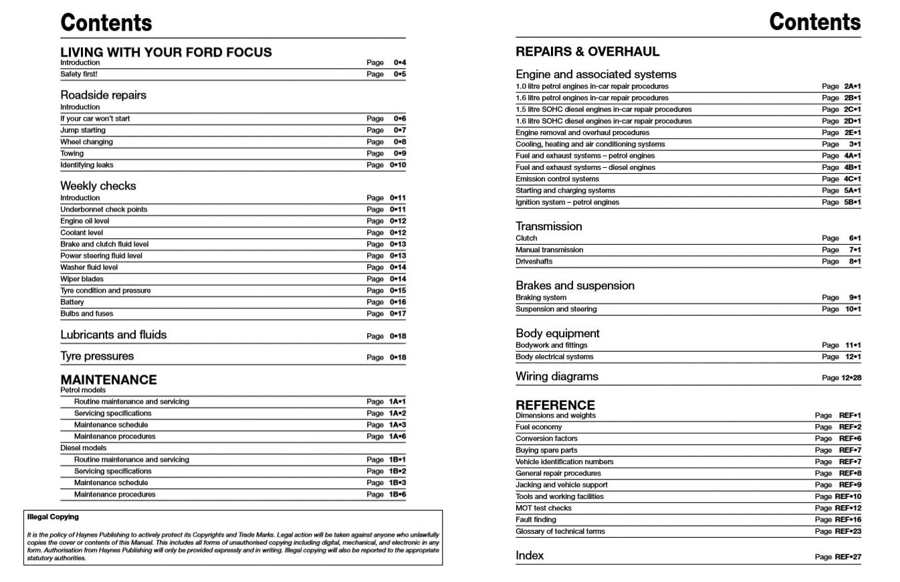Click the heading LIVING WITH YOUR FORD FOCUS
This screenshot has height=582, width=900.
[166, 52]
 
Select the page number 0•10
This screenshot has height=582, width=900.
[398, 165]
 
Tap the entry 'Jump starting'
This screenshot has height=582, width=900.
[83, 130]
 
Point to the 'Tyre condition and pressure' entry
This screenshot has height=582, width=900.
[106, 290]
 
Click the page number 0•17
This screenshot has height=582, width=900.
[398, 314]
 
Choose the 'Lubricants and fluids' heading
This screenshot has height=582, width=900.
[114, 334]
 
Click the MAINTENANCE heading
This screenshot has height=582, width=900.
[108, 379]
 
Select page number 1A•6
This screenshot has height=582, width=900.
[397, 436]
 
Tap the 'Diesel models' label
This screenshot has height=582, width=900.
[84, 448]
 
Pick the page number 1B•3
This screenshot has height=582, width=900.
[397, 483]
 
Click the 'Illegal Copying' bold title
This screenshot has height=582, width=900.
[53, 517]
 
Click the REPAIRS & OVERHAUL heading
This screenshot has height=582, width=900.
[587, 52]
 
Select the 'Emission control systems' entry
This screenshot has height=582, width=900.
[557, 179]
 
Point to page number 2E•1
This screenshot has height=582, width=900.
[852, 132]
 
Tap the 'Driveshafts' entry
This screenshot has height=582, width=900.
[534, 262]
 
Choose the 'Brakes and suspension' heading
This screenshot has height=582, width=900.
[575, 286]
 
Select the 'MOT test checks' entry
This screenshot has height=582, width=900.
[544, 508]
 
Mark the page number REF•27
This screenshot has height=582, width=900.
[848, 557]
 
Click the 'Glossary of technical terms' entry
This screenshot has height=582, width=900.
[560, 532]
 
